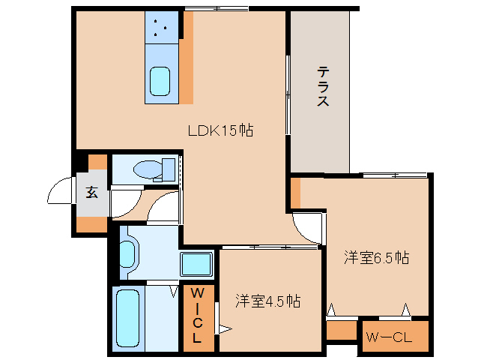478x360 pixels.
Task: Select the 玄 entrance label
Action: pos(91,192)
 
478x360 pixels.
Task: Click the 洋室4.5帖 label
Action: pos(267,301)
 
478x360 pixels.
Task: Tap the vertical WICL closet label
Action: pos(197,315)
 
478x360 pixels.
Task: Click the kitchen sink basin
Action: pos(160,80)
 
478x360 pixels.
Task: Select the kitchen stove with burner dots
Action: pos(161,28)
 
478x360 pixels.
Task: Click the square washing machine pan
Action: pos(196,265)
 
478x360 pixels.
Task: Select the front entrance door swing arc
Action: pos(60,193)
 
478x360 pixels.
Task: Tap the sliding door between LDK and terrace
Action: pos(288,94)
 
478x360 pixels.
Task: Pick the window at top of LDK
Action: pos(217,8)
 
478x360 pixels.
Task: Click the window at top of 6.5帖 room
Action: pos(395,175)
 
